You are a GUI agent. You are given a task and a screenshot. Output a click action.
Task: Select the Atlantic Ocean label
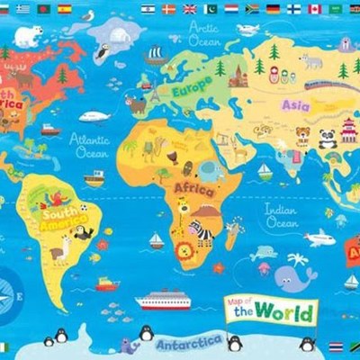(91, 147)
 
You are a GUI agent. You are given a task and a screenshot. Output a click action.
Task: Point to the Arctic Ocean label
(202, 33)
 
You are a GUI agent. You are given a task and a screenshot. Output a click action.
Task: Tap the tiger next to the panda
(303, 137)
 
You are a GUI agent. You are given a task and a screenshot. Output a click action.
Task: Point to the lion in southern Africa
(184, 251)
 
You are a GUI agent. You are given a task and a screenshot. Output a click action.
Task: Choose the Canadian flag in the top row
(314, 9)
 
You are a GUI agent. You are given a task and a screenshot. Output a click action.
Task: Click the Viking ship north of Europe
(156, 56)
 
